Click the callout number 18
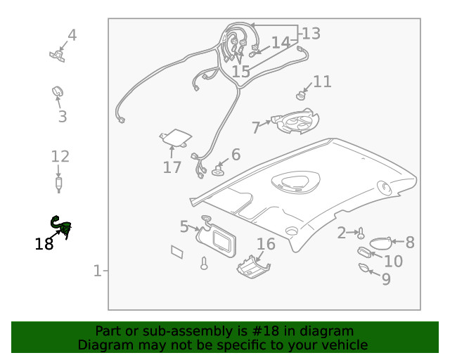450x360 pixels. tap(44, 244)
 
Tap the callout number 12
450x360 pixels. tap(60, 157)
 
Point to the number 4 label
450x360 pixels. tap(72, 35)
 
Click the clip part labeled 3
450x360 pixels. tap(58, 91)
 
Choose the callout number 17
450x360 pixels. tap(172, 167)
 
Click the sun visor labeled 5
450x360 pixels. tap(220, 239)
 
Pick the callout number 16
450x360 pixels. tap(266, 244)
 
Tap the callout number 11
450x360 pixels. tap(322, 82)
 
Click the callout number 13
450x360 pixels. tap(311, 33)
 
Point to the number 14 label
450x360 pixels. tap(281, 42)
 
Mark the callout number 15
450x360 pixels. tap(240, 71)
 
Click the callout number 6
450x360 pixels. tap(236, 154)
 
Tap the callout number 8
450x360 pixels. tap(409, 243)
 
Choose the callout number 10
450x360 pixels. tap(393, 261)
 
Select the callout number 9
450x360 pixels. tap(386, 279)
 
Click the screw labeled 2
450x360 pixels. tap(361, 233)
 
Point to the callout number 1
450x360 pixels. tap(98, 270)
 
